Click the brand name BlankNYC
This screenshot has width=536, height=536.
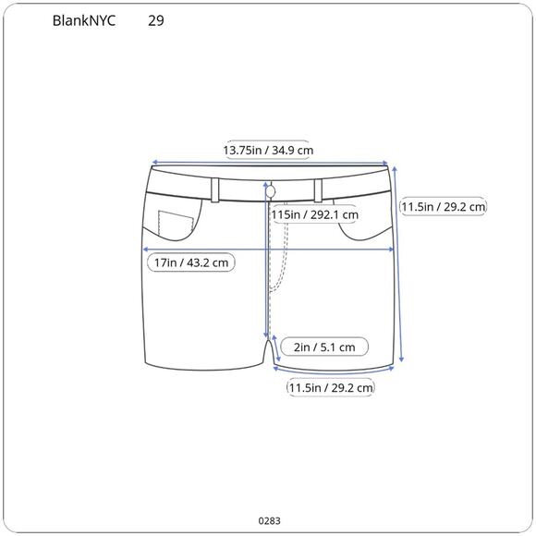pos(85,20)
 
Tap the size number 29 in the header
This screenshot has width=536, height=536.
pos(156,20)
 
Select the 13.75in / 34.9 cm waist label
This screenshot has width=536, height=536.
pos(268,150)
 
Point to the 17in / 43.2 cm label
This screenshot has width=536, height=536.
pos(191,262)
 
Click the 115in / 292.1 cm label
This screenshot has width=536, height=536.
pos(314,214)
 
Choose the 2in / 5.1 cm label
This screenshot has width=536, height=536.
pos(323,347)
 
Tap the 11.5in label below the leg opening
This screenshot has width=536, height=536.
pos(330,388)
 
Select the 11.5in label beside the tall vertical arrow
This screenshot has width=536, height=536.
pos(443,207)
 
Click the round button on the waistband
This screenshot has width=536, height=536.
pos(272,190)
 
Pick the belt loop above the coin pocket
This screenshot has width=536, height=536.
pos(215,189)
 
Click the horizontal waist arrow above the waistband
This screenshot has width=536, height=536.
pos(268,162)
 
